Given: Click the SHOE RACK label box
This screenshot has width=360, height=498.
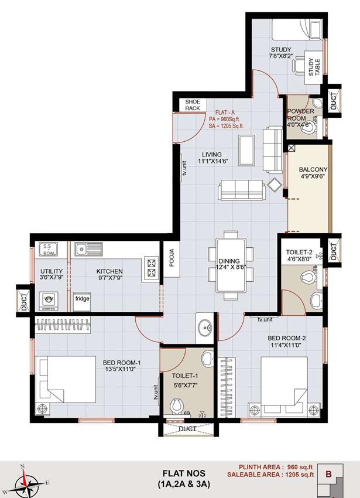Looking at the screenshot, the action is pyautogui.click(x=193, y=105).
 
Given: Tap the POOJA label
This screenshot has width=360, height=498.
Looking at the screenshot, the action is pyautogui.click(x=172, y=258).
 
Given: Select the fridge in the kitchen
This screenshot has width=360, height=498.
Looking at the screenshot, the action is pyautogui.click(x=82, y=302).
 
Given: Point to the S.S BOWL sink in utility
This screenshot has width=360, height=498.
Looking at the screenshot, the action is pyautogui.click(x=48, y=249).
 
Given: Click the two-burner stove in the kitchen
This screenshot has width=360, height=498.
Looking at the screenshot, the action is pyautogui.click(x=152, y=268).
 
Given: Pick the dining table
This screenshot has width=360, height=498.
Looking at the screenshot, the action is pyautogui.click(x=231, y=265).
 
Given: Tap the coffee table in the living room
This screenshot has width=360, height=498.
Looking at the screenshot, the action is pyautogui.click(x=246, y=150).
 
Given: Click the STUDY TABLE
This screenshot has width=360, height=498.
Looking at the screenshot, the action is pyautogui.click(x=314, y=67).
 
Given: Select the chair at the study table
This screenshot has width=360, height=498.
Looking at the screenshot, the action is pyautogui.click(x=298, y=66).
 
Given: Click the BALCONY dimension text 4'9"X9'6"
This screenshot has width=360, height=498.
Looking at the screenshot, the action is pyautogui.click(x=313, y=176).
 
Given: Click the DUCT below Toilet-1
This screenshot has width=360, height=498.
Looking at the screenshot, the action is pyautogui.click(x=188, y=429).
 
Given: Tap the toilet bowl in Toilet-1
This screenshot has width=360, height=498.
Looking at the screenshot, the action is pyautogui.click(x=177, y=406).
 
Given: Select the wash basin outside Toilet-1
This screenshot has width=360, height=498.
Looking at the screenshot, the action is pyautogui.click(x=205, y=328).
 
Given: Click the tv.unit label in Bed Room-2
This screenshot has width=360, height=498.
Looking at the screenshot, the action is pyautogui.click(x=265, y=319).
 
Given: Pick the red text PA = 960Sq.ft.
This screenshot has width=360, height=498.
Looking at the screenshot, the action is pyautogui.click(x=224, y=119).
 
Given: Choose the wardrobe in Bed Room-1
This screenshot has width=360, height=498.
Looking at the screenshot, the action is pyautogui.click(x=63, y=325).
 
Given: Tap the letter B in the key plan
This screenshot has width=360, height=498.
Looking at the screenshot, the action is pyautogui.click(x=328, y=474).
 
